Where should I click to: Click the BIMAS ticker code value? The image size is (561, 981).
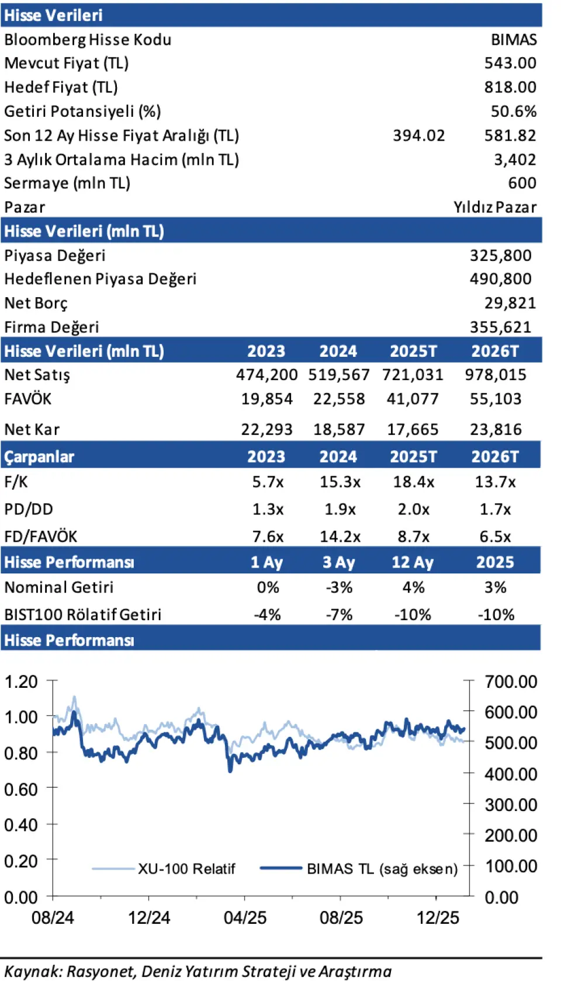coord(513,40)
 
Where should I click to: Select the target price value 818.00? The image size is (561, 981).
coord(510,88)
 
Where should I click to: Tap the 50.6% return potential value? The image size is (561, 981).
coord(513,112)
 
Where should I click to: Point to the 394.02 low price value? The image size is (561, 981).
coord(418,135)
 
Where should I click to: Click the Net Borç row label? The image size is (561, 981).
coord(36,303)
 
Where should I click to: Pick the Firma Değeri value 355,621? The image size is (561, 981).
coord(500,327)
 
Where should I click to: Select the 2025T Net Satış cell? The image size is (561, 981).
coord(413,375)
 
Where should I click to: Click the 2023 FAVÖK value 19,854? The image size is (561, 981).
coord(266,399)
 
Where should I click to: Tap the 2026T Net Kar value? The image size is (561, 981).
coord(496,430)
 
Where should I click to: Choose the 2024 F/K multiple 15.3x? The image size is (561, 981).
coord(340,482)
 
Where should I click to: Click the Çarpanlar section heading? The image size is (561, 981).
coord(39,457)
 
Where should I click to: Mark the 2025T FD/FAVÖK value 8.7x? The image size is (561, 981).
coord(413,537)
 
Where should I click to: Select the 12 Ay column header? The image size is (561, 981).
coord(413,562)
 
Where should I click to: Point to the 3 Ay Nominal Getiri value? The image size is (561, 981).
coord(339,587)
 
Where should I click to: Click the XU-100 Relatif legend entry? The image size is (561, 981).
coord(186,869)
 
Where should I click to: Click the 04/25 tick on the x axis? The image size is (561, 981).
coord(245,917)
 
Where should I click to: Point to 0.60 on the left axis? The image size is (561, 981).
coord(21,789)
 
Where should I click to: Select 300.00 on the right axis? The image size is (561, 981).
coord(510,805)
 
